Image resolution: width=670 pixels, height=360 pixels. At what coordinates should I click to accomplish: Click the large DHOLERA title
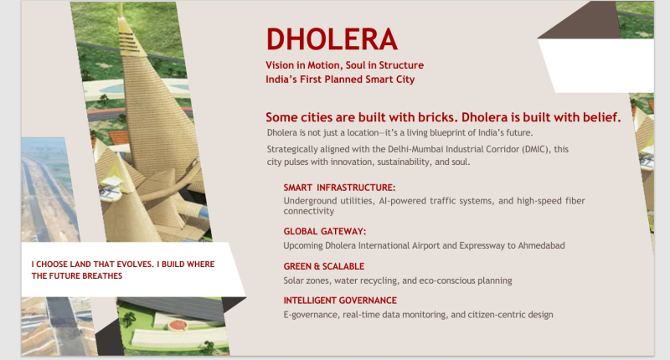pyautogui.click(x=331, y=39)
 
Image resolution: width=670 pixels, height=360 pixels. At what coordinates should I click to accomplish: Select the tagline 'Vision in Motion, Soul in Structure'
pyautogui.click(x=344, y=65)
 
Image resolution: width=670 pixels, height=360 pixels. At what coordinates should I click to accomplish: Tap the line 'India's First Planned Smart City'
pyautogui.click(x=340, y=80)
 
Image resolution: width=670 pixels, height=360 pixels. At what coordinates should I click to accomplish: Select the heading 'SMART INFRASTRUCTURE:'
pyautogui.click(x=339, y=188)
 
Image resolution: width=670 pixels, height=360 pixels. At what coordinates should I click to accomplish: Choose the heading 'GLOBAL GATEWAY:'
pyautogui.click(x=325, y=231)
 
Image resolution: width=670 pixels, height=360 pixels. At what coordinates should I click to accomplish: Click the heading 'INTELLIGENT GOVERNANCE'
pyautogui.click(x=340, y=300)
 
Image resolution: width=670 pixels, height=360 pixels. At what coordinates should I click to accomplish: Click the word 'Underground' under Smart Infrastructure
pyautogui.click(x=311, y=201)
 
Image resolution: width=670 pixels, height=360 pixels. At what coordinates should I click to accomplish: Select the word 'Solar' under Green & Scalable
pyautogui.click(x=295, y=280)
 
